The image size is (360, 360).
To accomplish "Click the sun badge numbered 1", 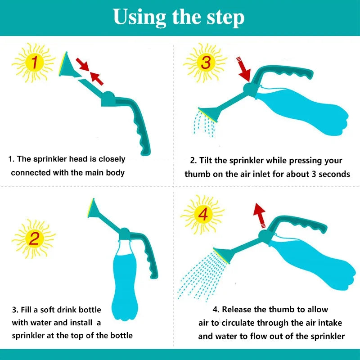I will [x=33, y=62].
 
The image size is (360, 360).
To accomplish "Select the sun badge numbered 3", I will [x=205, y=63].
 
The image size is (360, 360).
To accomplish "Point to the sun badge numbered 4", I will [x=202, y=215].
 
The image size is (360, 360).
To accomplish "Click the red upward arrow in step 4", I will [x=259, y=214].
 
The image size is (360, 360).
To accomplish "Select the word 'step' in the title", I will [x=225, y=18].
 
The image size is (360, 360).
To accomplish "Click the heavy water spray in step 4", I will [x=198, y=274].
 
